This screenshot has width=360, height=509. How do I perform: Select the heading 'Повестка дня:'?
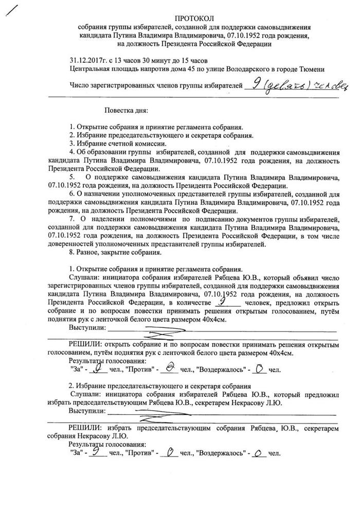tap(127, 110)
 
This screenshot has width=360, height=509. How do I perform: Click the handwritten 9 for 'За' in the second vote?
tap(96, 452)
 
